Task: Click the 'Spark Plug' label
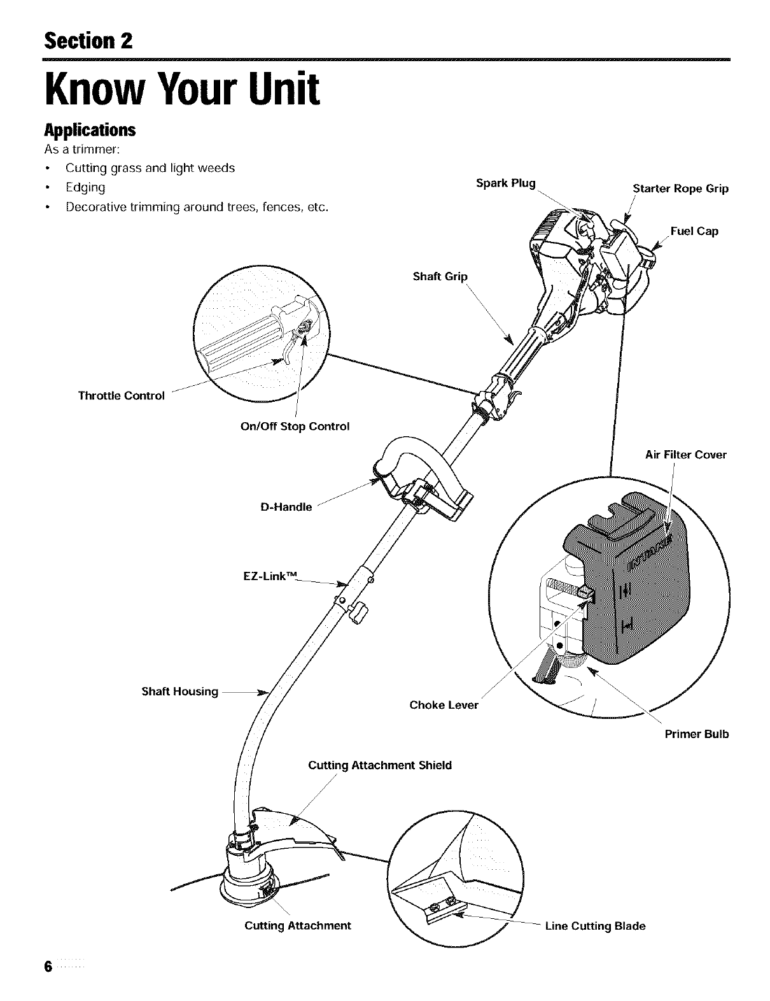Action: point(506,183)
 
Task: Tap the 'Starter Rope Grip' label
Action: point(680,188)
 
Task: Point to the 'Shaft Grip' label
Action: point(440,276)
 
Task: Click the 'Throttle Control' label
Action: point(121,395)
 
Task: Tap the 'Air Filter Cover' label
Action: point(685,455)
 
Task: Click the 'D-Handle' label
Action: point(286,508)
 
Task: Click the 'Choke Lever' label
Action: point(444,705)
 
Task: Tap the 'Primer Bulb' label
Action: point(697,734)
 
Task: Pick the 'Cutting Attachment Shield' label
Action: point(380,765)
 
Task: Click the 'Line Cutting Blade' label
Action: point(595,926)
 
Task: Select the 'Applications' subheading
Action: point(90,130)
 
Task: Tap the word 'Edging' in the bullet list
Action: point(85,188)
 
